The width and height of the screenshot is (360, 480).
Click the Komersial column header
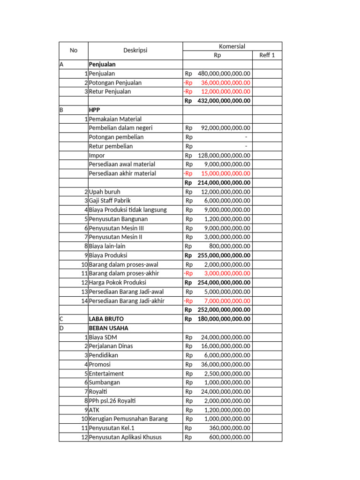(232, 46)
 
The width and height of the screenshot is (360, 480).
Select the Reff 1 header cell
(267, 55)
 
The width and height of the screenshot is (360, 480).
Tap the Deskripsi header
(135, 50)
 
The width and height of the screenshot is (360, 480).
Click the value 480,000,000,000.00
(224, 74)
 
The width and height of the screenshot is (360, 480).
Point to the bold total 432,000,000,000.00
(224, 101)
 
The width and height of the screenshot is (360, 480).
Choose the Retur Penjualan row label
(110, 91)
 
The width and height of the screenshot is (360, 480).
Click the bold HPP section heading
(94, 110)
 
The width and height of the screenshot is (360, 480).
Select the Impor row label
(97, 155)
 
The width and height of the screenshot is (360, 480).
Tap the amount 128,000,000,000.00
(224, 155)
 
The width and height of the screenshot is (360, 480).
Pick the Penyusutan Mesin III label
(116, 228)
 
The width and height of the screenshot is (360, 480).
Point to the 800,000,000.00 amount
(230, 246)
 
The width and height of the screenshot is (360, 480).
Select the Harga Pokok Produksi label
(118, 283)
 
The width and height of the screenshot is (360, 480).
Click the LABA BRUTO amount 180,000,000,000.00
(224, 319)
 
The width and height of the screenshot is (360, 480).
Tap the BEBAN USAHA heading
(108, 328)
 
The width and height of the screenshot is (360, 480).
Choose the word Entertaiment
(106, 374)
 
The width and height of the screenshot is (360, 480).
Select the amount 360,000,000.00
(230, 428)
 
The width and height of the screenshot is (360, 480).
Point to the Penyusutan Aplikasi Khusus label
(125, 437)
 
